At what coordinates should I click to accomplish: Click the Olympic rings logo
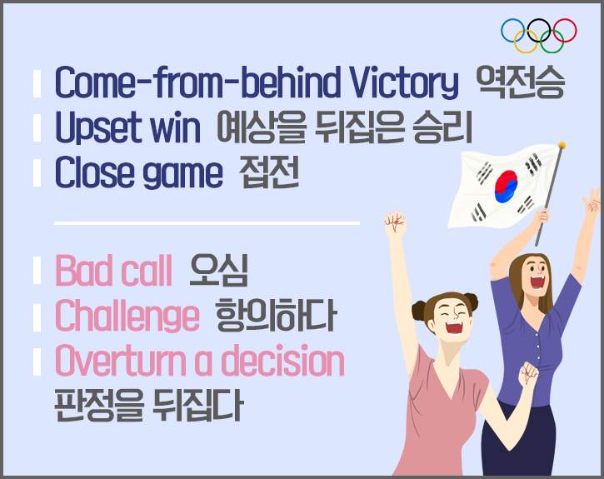tap(538, 36)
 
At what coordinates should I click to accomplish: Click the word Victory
tap(404, 83)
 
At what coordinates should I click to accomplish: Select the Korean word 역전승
tap(520, 82)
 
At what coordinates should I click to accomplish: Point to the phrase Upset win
tap(128, 127)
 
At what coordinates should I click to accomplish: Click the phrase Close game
tap(138, 173)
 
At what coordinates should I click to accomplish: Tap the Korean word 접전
tap(269, 172)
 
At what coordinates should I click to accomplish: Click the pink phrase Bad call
tap(113, 271)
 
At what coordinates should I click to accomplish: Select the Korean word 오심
tap(219, 270)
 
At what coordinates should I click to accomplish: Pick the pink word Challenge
tap(127, 317)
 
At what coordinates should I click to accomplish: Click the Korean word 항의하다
tap(276, 316)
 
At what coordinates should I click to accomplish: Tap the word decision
tap(282, 361)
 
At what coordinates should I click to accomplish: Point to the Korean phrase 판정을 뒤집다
tap(148, 404)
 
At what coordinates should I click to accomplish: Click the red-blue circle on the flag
tap(507, 187)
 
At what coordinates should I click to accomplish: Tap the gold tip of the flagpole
tap(562, 145)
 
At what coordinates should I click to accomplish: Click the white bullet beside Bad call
tap(37, 271)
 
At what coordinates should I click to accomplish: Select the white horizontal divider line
tap(207, 223)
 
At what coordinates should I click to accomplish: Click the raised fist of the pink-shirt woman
tap(395, 222)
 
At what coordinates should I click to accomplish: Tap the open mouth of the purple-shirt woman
tap(537, 282)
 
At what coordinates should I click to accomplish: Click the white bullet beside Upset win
tap(37, 127)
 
